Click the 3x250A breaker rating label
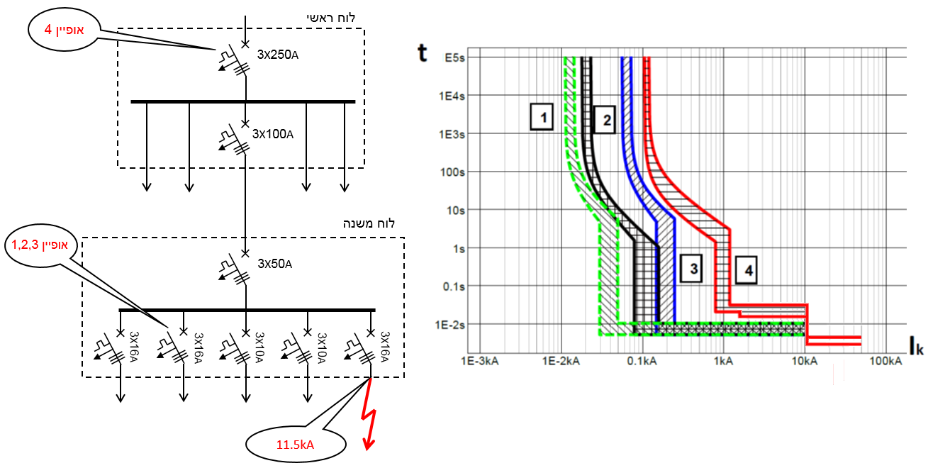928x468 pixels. coord(278,55)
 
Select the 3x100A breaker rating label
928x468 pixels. coord(273,134)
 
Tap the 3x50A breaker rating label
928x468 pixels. coord(274,264)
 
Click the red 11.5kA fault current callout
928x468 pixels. coord(296,445)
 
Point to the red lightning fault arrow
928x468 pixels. coord(369,415)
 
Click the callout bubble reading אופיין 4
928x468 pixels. coord(65,30)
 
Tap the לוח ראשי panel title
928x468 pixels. coord(330,18)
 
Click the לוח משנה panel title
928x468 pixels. coord(369,223)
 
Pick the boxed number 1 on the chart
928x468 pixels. coord(542,117)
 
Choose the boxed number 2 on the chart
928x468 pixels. coord(605,120)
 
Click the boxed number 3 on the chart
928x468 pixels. coord(691,269)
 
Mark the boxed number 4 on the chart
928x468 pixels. coord(746,270)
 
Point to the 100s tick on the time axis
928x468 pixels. coord(452,172)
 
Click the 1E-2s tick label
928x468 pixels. coord(450,325)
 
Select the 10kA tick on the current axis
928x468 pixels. coord(805,361)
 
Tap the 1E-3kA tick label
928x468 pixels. coord(480,361)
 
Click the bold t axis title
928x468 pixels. coord(422,53)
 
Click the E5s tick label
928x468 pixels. coord(455,57)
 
